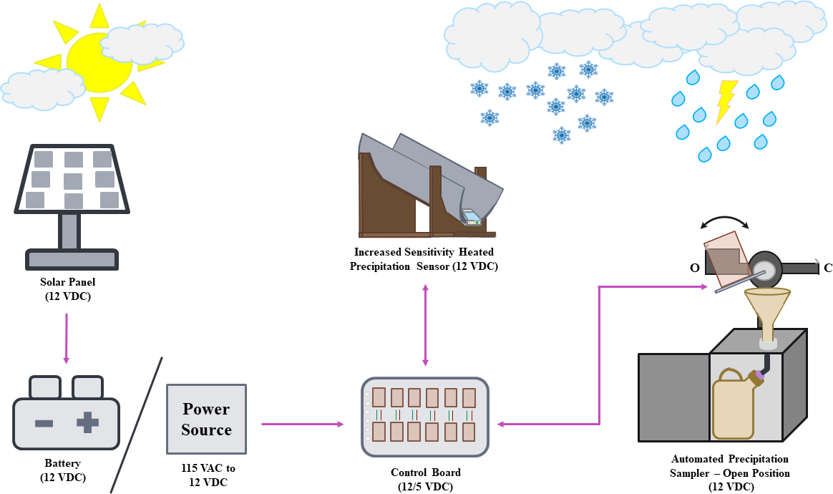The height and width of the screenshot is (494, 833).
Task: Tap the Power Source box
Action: pyautogui.click(x=206, y=419)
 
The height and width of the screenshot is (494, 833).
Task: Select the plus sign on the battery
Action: pyautogui.click(x=87, y=422)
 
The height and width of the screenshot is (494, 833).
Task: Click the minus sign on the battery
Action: pyautogui.click(x=44, y=423)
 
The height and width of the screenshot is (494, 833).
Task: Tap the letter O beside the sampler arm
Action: pyautogui.click(x=694, y=268)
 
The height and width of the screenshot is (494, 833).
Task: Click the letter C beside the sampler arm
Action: pyautogui.click(x=828, y=268)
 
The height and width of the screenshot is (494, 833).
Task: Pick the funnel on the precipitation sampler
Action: pyautogui.click(x=767, y=308)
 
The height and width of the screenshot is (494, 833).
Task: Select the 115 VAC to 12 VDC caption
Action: pyautogui.click(x=208, y=474)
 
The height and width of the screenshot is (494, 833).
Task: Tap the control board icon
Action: pyautogui.click(x=425, y=417)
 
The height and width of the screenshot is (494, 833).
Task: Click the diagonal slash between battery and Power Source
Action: pyautogui.click(x=136, y=425)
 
